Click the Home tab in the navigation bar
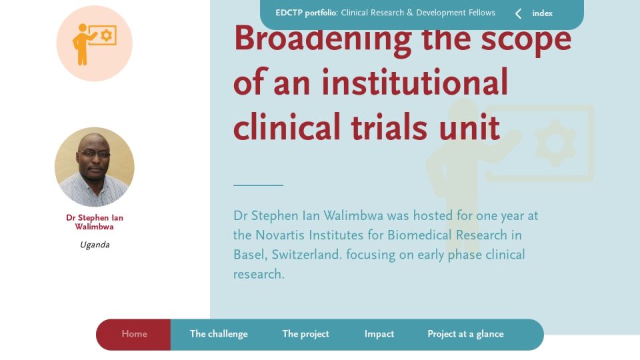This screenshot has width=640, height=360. [134, 334]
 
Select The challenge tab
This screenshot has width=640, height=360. [219, 334]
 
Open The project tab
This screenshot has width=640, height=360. [306, 334]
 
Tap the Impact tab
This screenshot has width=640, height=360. [379, 334]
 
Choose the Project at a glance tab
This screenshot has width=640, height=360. [465, 334]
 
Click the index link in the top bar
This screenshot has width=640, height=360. [542, 13]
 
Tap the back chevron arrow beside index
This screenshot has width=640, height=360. [518, 14]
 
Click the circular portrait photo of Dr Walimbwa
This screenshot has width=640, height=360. [94, 167]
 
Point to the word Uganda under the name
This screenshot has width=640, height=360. [95, 245]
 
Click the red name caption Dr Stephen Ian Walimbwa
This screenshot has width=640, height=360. [95, 222]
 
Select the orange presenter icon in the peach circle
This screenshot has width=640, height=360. [94, 44]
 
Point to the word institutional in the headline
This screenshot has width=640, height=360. [415, 82]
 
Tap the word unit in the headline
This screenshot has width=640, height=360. [469, 127]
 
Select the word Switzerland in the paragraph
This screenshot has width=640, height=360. [306, 255]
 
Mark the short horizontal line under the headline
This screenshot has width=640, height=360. [259, 185]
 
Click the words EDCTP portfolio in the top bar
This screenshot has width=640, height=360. [306, 13]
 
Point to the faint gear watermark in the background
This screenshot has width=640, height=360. [555, 143]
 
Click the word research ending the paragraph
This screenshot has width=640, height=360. [259, 274]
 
